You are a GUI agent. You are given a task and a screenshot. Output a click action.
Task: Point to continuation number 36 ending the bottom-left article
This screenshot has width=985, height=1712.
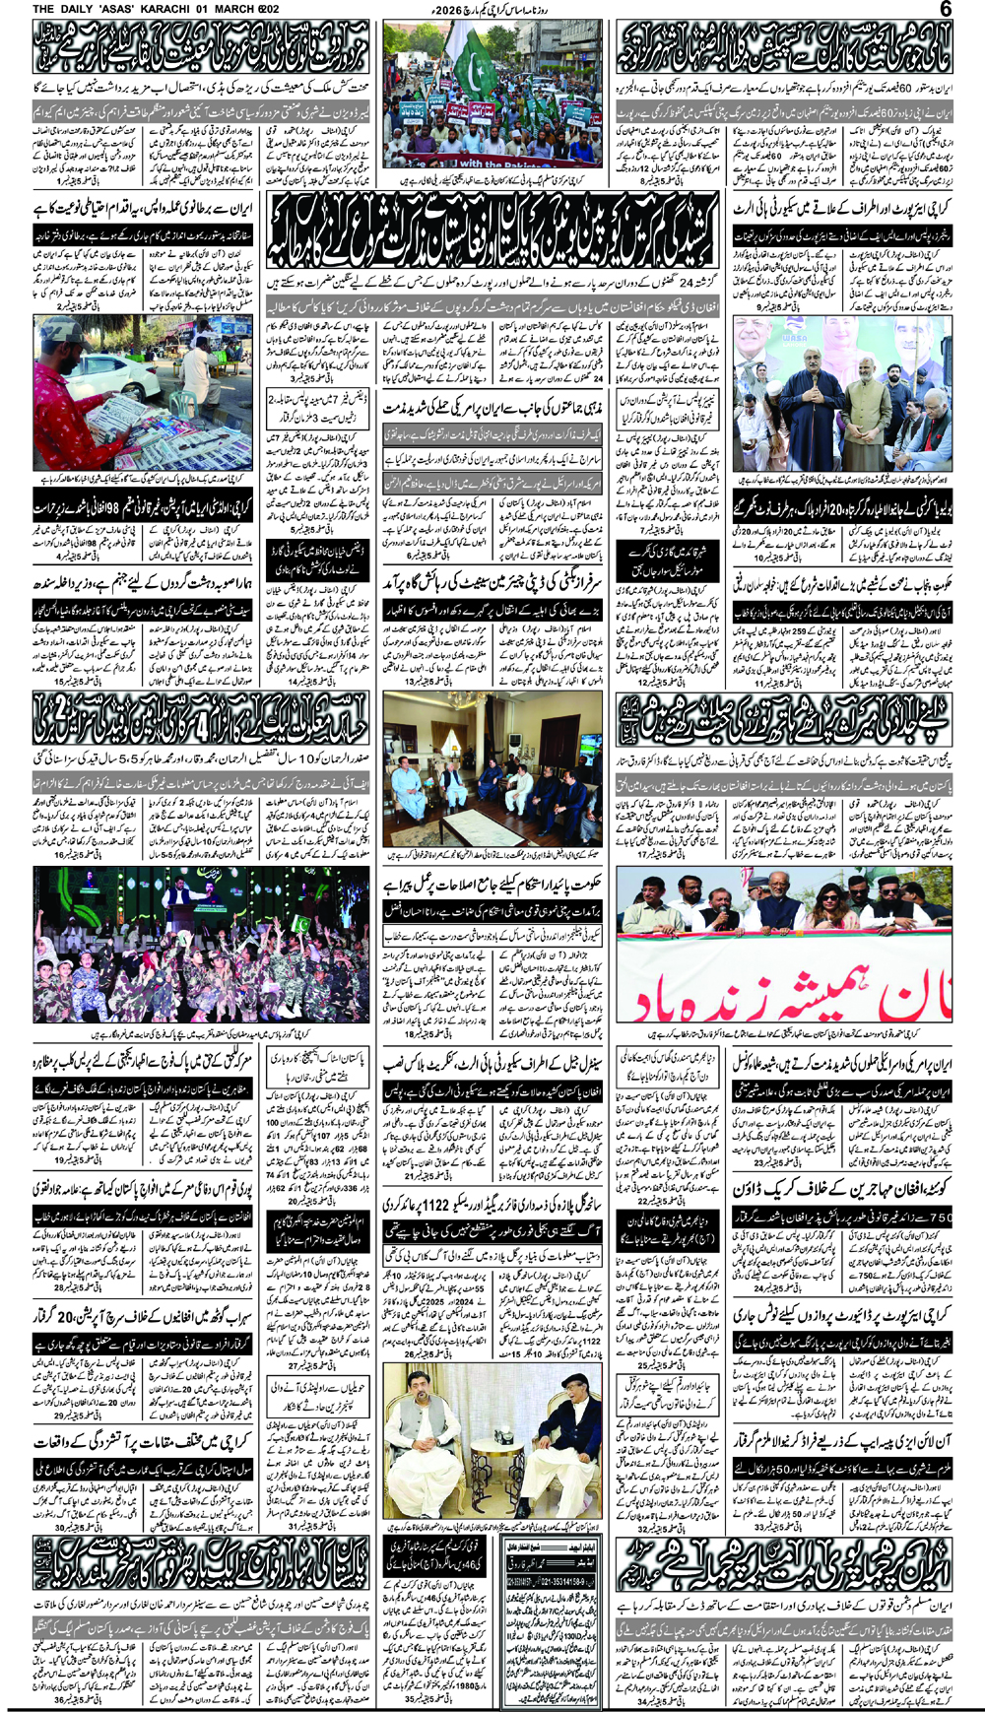coord(59,1700)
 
